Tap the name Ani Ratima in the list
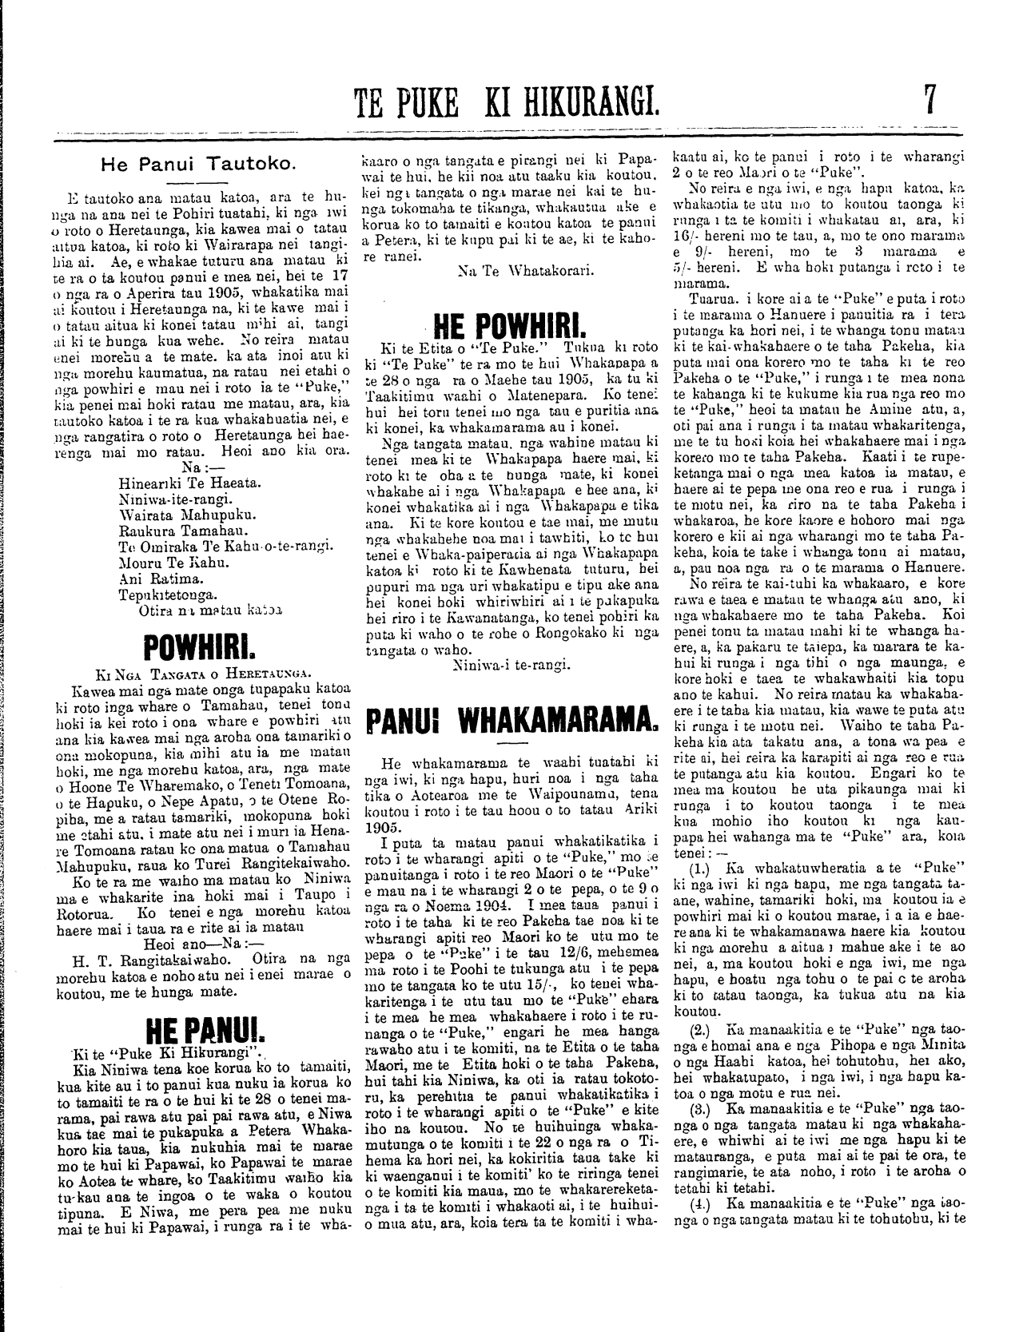tap(152, 577)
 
